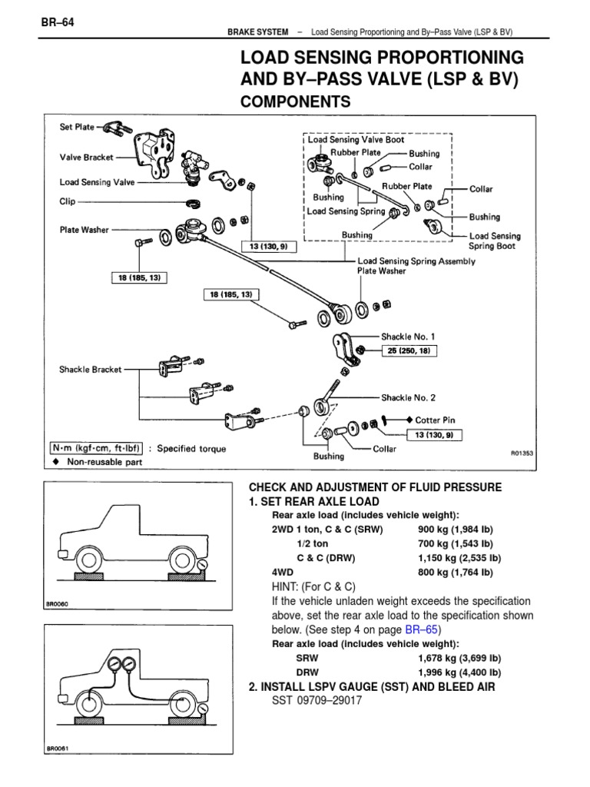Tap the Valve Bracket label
[87, 157]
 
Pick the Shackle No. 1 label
[408, 337]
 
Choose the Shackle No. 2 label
[408, 398]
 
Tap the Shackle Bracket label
[91, 369]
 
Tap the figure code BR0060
[59, 605]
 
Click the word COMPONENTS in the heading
[296, 101]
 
